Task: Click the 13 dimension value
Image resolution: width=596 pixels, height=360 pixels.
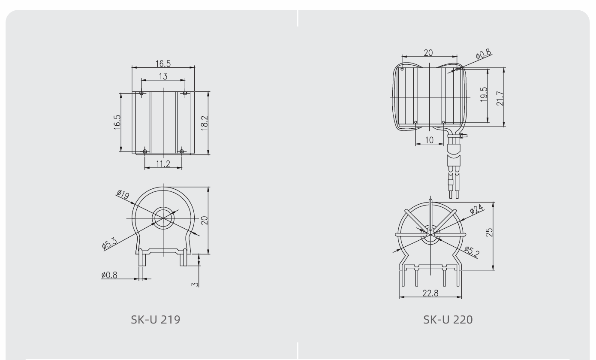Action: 163,76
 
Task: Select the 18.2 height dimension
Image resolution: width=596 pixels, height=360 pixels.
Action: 205,123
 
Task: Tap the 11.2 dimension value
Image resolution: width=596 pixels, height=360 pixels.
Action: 163,164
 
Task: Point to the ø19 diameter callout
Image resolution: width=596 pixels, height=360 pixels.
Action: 123,195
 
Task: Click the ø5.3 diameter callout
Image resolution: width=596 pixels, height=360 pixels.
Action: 109,243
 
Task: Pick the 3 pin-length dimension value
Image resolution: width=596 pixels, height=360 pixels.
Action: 195,284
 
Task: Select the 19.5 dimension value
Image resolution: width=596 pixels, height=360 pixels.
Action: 484,94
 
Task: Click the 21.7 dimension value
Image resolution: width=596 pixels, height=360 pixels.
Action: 500,99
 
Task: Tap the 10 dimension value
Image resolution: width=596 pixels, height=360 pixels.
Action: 430,140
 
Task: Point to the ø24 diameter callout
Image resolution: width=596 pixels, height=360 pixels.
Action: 476,209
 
